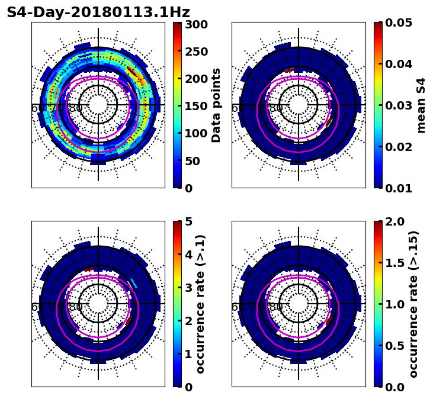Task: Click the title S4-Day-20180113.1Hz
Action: (98, 12)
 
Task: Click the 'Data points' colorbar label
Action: (216, 105)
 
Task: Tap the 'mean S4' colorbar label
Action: (421, 105)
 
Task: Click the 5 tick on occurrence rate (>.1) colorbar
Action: (188, 222)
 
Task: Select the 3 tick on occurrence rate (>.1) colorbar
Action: (188, 288)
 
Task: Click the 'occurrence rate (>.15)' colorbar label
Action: (413, 304)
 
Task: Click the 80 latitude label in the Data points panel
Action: (76, 108)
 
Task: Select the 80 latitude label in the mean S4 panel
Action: (276, 108)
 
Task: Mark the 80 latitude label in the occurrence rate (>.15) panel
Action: (276, 307)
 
